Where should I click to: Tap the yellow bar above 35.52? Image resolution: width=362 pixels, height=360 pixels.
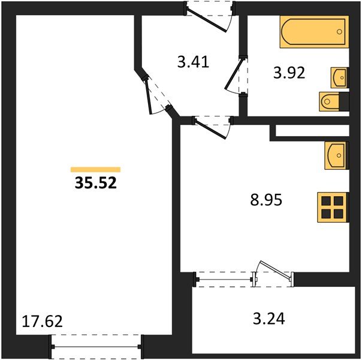tap(95, 170)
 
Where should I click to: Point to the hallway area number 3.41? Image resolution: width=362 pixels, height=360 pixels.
tap(193, 61)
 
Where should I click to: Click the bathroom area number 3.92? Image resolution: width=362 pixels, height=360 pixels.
tap(289, 73)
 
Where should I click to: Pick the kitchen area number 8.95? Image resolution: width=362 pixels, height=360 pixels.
tap(266, 199)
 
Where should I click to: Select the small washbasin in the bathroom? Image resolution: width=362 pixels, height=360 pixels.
tap(339, 77)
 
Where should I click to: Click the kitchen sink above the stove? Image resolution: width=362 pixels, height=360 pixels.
tap(336, 157)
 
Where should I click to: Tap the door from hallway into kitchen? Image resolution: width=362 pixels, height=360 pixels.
tap(211, 127)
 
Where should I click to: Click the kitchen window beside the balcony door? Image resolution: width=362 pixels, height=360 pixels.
tap(225, 280)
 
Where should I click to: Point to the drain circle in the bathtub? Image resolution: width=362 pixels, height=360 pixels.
tap(340, 31)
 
